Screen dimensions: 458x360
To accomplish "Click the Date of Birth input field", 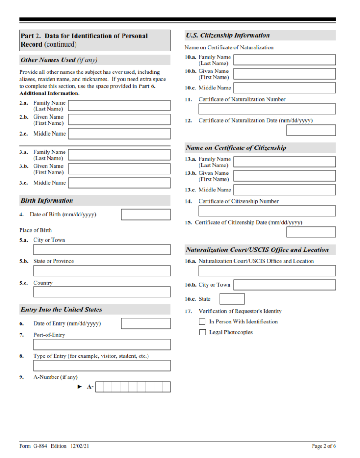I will pos(146,215).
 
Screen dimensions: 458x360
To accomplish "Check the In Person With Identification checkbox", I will pos(203,322).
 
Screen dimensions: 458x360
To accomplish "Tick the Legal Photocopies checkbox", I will pos(203,332).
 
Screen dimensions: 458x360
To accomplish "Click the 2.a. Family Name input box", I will pos(119,106).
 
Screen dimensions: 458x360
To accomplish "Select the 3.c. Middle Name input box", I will pos(119,183).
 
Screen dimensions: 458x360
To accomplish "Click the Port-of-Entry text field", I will pos(102,344).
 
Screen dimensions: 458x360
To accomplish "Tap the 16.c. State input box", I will pos(232,299).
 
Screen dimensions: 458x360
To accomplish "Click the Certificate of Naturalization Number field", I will pos(267,109).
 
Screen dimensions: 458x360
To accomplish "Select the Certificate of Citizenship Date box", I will pos(311,232).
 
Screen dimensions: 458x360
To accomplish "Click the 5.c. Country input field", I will pos(102,292).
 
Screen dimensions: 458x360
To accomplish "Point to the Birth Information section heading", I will pos(47,201).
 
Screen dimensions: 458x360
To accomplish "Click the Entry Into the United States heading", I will pos(61,310).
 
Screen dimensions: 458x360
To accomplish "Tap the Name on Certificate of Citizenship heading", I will pos(236,148).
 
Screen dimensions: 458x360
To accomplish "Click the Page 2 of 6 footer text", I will pos(324,446).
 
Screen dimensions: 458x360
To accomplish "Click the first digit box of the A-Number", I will pos(100,387).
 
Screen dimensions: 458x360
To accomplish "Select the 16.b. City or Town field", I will pos(284,285).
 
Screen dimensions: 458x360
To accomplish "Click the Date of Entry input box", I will pos(146,323).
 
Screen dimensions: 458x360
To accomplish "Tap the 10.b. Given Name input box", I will pos(284,74).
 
